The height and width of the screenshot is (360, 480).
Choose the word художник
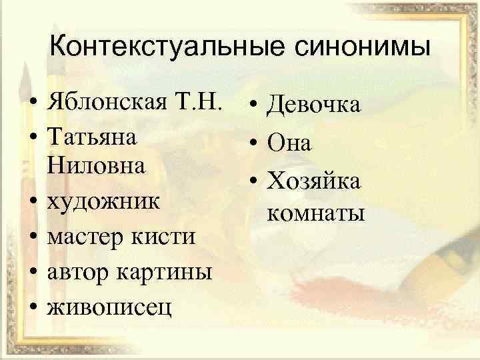click(103, 201)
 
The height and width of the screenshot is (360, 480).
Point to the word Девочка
click(313, 105)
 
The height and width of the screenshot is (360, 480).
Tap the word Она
click(289, 142)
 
